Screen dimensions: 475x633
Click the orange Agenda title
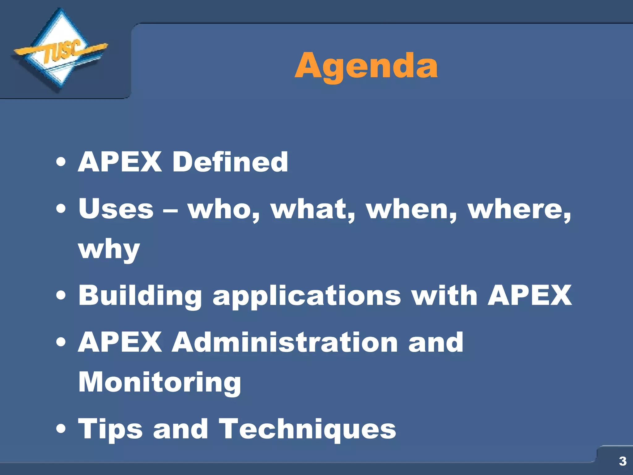click(x=366, y=66)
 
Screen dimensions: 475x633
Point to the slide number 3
click(x=622, y=461)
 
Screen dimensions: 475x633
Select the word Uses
click(x=116, y=209)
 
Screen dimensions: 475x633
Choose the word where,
click(x=519, y=210)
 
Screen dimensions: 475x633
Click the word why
click(x=109, y=250)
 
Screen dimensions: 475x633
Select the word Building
click(x=140, y=296)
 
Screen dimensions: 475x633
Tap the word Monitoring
click(x=159, y=383)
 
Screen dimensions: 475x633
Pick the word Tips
click(x=110, y=430)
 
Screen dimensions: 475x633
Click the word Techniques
click(x=307, y=429)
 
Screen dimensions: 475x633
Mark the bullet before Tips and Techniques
click(x=61, y=429)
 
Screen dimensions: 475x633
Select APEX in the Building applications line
click(x=529, y=295)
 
